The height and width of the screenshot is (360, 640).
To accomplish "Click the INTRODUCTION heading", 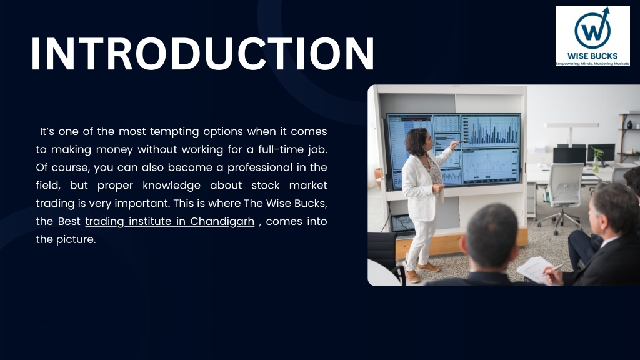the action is (202, 54).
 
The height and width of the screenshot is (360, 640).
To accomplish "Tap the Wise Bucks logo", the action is (592, 36).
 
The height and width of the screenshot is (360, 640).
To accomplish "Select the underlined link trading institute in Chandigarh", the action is (170, 221).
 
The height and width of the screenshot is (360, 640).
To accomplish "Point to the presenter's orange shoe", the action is (428, 267).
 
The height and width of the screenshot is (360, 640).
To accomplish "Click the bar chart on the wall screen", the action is (491, 131).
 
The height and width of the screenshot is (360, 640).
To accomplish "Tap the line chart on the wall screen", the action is (490, 166).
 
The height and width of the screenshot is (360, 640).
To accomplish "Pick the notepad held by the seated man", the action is (536, 269).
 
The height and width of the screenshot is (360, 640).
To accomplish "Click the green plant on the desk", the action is (597, 158).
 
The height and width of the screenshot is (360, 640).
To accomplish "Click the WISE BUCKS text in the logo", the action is (592, 56).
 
